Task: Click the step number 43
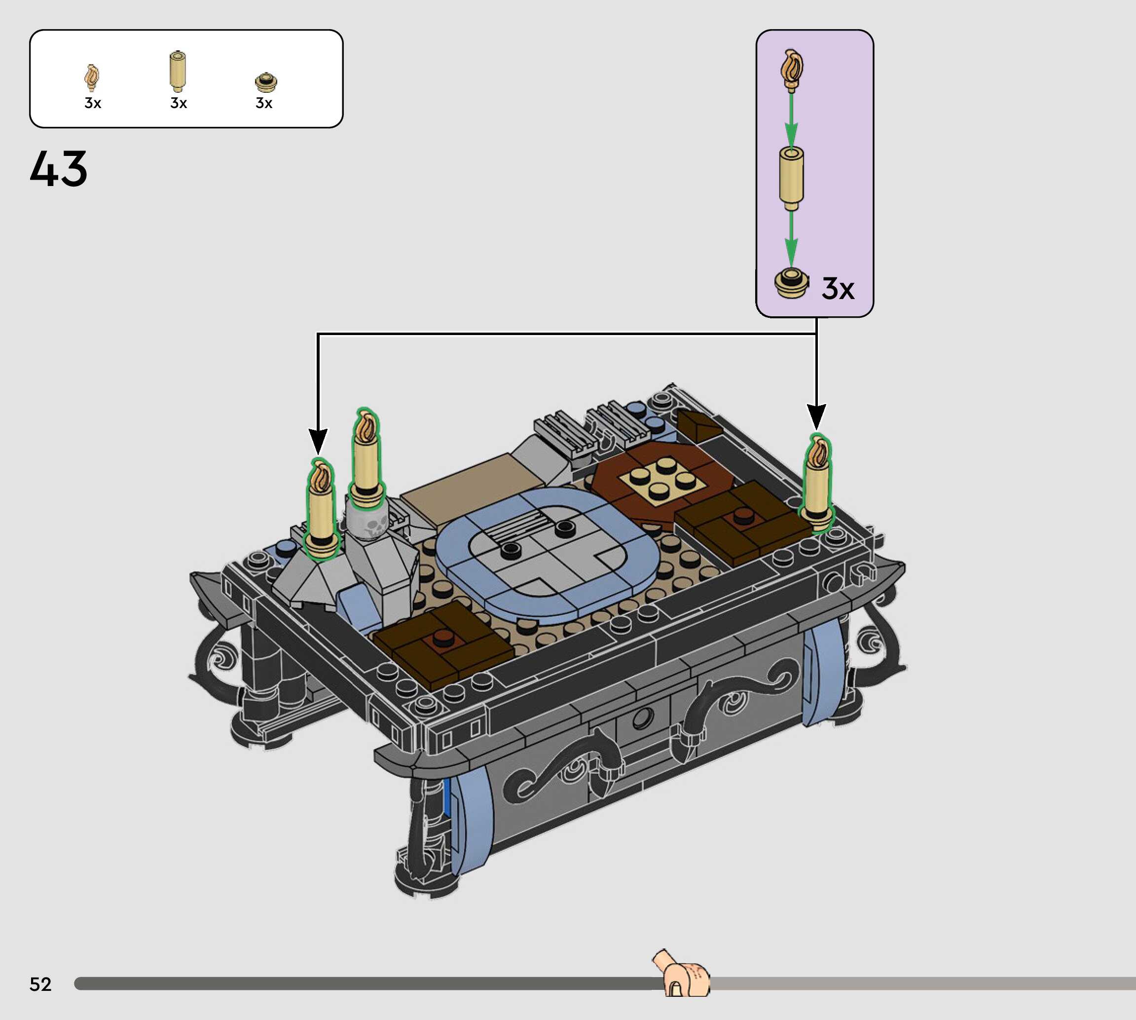tap(59, 169)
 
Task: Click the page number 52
tap(40, 984)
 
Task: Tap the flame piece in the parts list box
tap(92, 77)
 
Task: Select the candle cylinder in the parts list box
tap(178, 71)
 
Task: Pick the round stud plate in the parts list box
tap(265, 82)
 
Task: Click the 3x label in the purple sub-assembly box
tap(838, 289)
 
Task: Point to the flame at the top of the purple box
tap(792, 70)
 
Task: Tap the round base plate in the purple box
tap(792, 284)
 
